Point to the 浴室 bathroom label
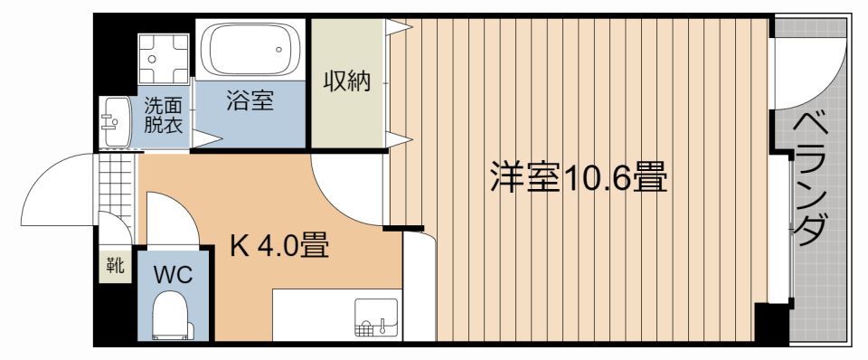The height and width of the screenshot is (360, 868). point(250,99)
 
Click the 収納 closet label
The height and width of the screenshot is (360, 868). point(347,81)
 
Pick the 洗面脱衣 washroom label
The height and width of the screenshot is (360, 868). point(163,116)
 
